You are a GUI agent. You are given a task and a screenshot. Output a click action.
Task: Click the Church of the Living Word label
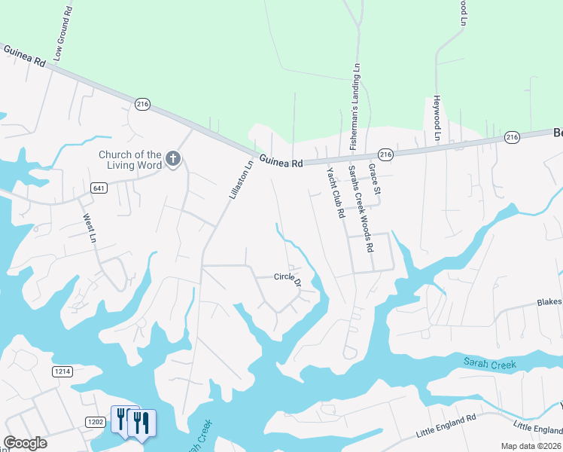[130, 160]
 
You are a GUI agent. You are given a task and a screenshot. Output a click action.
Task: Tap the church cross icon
[173, 158]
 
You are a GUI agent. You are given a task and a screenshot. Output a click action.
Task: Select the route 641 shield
[99, 187]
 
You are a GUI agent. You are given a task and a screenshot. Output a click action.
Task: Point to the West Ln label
[88, 226]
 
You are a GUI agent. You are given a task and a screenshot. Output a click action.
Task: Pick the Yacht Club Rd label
[335, 193]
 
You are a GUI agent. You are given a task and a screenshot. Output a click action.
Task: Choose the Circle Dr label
[288, 279]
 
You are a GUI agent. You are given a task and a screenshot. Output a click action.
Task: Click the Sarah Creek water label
[489, 365]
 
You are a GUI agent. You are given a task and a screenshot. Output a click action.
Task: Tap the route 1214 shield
[62, 371]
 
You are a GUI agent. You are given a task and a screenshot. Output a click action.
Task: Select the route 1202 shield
[94, 422]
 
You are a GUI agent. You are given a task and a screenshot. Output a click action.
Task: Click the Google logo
[25, 443]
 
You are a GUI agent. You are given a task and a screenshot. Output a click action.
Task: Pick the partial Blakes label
[549, 302]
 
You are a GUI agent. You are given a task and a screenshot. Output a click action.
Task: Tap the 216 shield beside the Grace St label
[384, 154]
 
